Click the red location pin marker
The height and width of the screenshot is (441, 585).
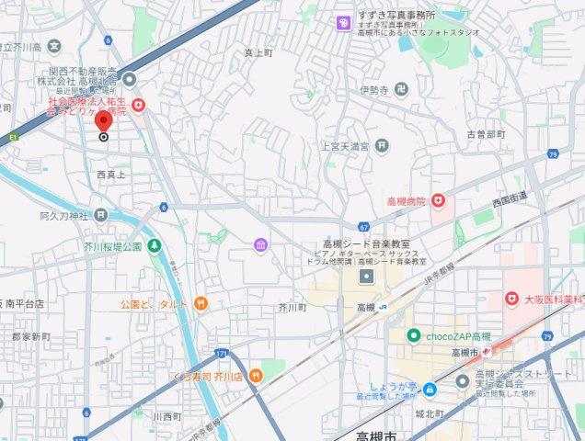tap(104, 120)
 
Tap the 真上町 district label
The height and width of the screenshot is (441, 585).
tap(259, 53)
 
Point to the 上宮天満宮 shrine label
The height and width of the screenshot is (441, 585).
tap(344, 146)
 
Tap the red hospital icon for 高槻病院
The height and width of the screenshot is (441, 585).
tap(439, 199)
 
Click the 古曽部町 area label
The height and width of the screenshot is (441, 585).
tap(486, 134)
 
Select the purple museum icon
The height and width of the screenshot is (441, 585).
tap(261, 244)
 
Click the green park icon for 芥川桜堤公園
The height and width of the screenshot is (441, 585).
tap(154, 246)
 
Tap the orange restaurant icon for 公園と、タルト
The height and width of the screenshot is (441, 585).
tap(201, 303)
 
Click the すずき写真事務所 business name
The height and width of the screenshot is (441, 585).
tap(397, 17)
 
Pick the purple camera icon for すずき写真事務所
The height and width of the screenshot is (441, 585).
tap(342, 23)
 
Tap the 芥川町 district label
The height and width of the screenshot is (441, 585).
tap(292, 308)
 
